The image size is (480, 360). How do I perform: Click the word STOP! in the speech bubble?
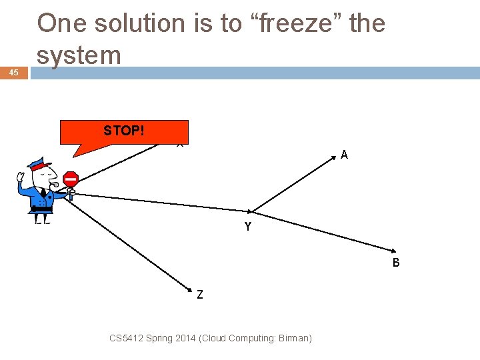coord(123,131)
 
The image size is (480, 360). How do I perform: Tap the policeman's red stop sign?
coord(71,179)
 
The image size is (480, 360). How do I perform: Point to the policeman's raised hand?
coord(21,179)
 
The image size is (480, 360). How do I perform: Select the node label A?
coord(344,155)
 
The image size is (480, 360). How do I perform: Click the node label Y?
coord(248,227)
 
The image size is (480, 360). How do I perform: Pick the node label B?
coord(396,263)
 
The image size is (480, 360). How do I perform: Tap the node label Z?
coord(200,293)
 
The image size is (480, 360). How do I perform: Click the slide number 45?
coord(14,73)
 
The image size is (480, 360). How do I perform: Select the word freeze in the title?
coord(287,23)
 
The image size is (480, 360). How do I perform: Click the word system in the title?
coord(79,55)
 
